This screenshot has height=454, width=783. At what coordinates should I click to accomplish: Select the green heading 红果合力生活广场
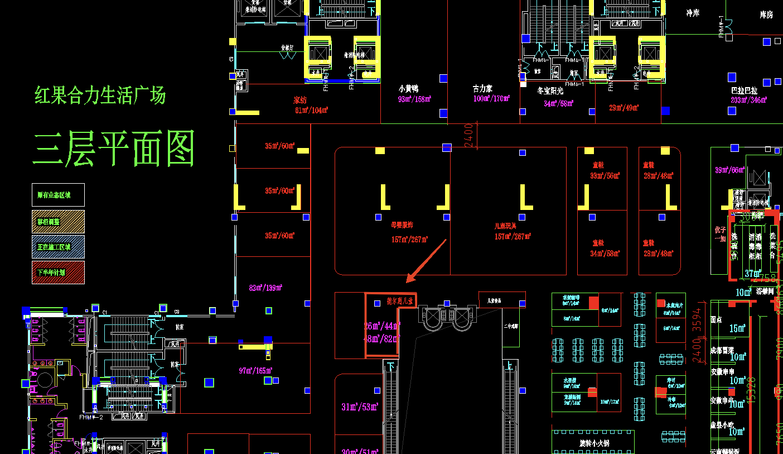100,95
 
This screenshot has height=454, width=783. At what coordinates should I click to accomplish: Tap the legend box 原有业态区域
58,195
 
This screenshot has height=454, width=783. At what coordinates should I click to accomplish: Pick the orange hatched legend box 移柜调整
58,221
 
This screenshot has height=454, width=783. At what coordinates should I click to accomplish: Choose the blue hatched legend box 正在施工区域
58,247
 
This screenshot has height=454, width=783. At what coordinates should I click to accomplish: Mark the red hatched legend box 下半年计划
58,273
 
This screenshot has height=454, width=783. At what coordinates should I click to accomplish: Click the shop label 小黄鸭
408,89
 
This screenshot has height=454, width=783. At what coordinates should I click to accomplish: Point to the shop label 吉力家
482,89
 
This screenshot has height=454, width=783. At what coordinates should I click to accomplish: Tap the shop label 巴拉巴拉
744,90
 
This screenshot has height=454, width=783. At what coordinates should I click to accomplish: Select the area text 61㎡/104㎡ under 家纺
311,110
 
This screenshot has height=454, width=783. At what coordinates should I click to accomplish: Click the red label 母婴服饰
402,225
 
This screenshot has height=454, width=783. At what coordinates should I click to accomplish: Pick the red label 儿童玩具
506,226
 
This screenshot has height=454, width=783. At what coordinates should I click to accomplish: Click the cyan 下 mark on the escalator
390,366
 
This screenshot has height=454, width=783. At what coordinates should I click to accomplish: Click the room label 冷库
693,13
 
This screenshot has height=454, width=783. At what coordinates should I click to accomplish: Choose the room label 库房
766,15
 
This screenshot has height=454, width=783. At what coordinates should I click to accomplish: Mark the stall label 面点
717,320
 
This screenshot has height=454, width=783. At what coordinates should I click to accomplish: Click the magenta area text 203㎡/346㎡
748,100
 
